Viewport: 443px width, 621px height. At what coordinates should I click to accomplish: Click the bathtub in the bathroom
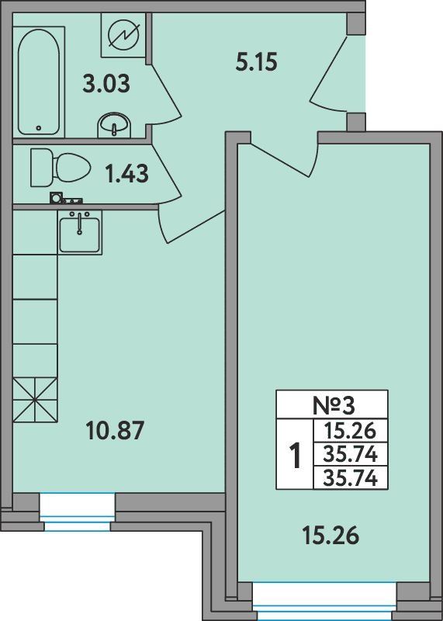coord(39,82)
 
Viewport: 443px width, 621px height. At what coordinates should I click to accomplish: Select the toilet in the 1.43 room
coord(61,168)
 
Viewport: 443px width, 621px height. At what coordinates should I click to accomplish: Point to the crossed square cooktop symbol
coord(35,400)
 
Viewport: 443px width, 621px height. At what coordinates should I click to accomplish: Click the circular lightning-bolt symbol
coord(124,35)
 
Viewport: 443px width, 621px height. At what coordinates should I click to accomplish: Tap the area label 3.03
coord(106,85)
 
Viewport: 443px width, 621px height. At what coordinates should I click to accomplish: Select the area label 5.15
coord(257,63)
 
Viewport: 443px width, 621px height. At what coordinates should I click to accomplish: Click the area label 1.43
coord(127,173)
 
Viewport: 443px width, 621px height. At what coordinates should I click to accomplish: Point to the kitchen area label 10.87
coord(114,431)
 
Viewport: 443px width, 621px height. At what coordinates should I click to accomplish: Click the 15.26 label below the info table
coord(331,536)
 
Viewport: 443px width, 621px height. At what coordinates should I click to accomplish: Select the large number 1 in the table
coord(295,456)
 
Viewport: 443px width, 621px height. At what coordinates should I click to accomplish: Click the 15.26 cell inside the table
coord(350,430)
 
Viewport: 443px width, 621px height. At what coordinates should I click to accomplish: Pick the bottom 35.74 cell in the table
coord(350,479)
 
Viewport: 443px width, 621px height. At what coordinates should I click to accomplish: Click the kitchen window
coord(78,512)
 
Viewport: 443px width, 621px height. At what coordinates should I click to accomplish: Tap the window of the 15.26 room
coord(324,601)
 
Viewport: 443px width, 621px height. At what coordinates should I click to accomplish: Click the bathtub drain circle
coord(38,128)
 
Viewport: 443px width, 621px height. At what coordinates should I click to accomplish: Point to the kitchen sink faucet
coord(80,223)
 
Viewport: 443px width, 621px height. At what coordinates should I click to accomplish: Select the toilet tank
coord(41,168)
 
